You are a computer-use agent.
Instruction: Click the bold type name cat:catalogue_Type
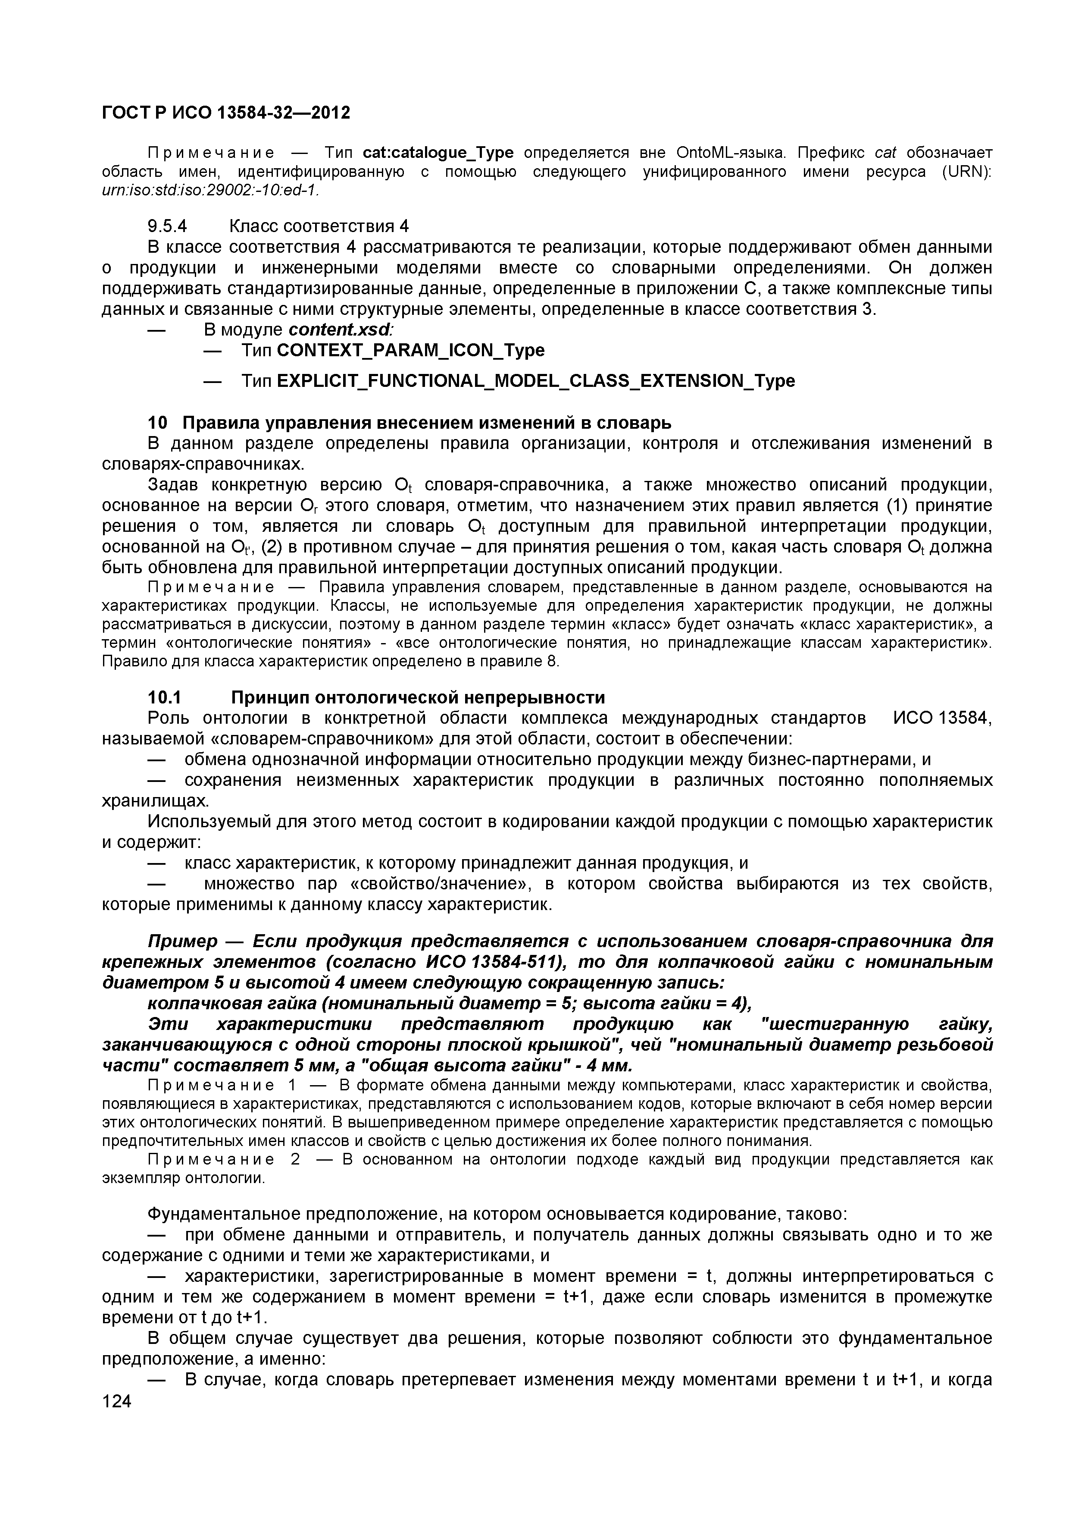pyautogui.click(x=438, y=153)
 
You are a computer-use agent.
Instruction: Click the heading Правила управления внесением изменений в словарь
pyautogui.click(x=426, y=422)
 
